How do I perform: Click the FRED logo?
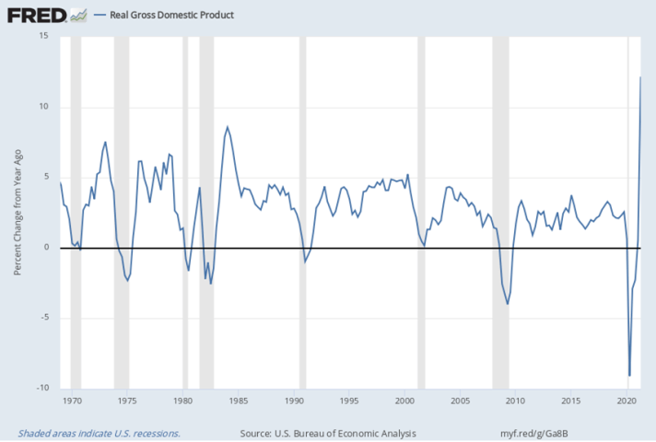[35, 15]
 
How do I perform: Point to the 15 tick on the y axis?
[42, 36]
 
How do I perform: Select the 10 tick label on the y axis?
[42, 107]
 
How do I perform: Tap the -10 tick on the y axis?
[41, 389]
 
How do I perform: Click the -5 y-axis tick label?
[42, 318]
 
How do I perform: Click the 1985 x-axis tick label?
[239, 401]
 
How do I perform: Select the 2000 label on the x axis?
[405, 401]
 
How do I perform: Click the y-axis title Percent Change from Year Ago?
[18, 212]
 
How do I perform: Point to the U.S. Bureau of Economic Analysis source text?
[327, 432]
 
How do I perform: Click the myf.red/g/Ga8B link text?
[534, 432]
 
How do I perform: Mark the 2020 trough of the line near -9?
[630, 376]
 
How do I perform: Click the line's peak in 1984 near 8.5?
[228, 127]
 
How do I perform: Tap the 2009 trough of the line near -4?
[508, 304]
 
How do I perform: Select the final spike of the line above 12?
[640, 76]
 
